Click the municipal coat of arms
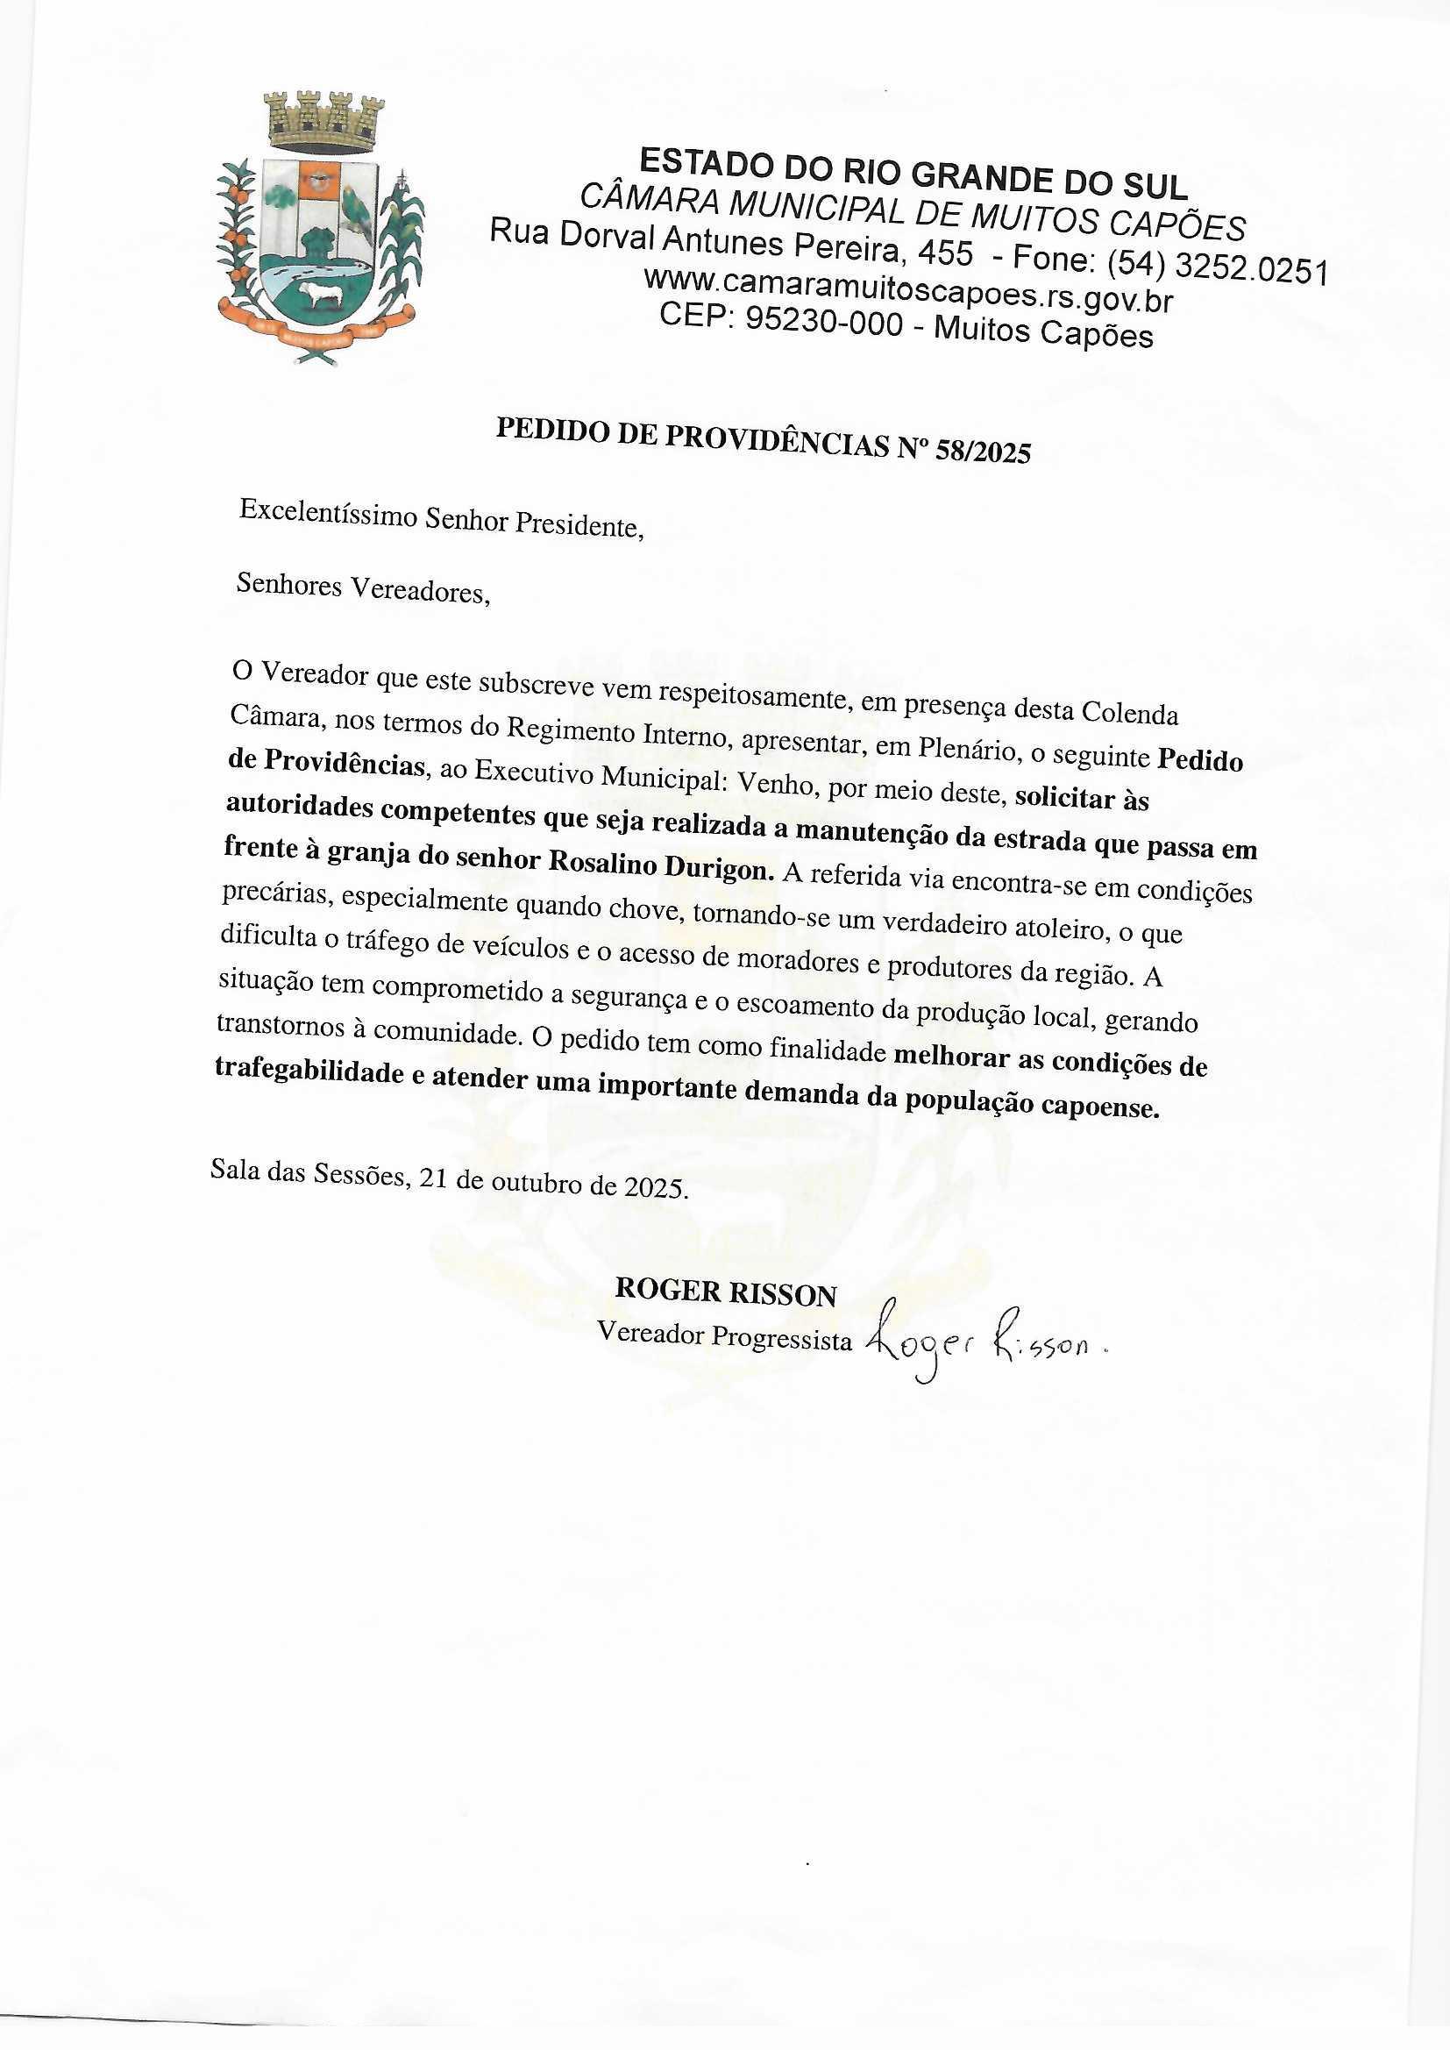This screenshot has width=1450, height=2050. point(321,232)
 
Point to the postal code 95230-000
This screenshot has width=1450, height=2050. point(823,322)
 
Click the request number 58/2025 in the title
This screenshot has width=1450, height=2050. point(982,451)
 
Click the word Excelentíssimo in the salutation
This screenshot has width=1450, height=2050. point(327,512)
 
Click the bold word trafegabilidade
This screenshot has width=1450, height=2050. point(309,1072)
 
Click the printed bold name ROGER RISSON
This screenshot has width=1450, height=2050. point(725,1292)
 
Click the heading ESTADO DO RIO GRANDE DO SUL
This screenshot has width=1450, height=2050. point(913,174)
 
